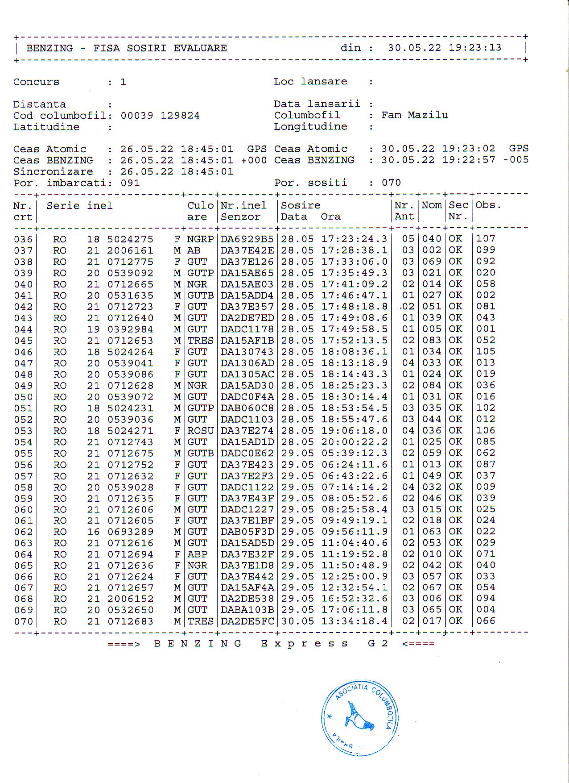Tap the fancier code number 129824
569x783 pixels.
(180, 116)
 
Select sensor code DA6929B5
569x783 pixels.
(247, 239)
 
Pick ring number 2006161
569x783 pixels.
(130, 250)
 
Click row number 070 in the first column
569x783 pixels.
(23, 621)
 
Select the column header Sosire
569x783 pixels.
(301, 205)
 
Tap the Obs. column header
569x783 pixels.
(488, 205)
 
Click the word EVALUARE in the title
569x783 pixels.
(200, 48)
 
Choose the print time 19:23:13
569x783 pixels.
(475, 48)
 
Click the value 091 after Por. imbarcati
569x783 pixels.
(130, 183)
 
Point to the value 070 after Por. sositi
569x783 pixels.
(391, 183)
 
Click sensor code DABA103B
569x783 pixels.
(247, 610)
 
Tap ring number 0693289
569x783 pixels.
(130, 532)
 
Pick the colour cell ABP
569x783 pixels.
(197, 554)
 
